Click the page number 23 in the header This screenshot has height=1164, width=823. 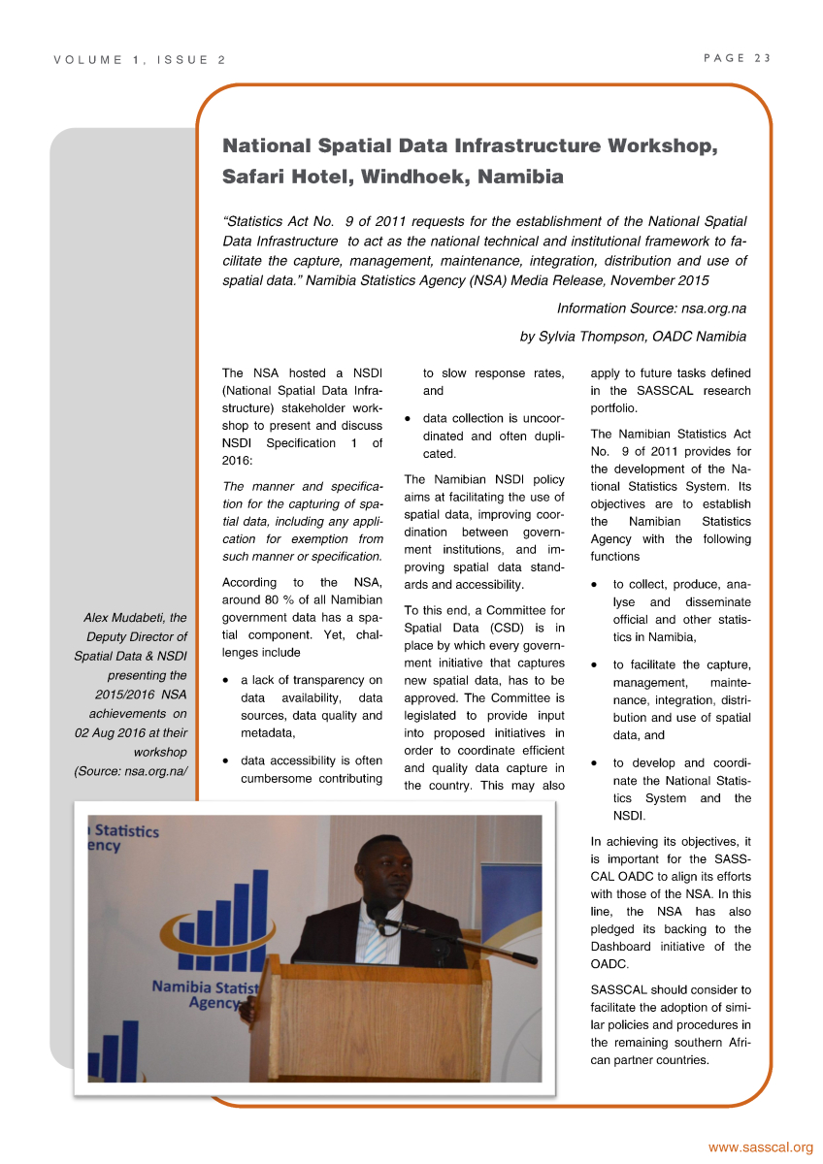[x=762, y=58]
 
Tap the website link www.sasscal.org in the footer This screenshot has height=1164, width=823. [x=760, y=1148]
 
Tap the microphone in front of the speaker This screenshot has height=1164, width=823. [x=378, y=914]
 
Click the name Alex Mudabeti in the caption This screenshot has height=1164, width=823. [x=134, y=617]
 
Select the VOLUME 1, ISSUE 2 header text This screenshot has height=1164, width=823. [x=139, y=60]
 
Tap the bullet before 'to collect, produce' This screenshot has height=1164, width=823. [x=594, y=586]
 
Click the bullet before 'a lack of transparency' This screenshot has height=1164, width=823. [x=226, y=681]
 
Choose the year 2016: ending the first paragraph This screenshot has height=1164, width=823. [x=239, y=461]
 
